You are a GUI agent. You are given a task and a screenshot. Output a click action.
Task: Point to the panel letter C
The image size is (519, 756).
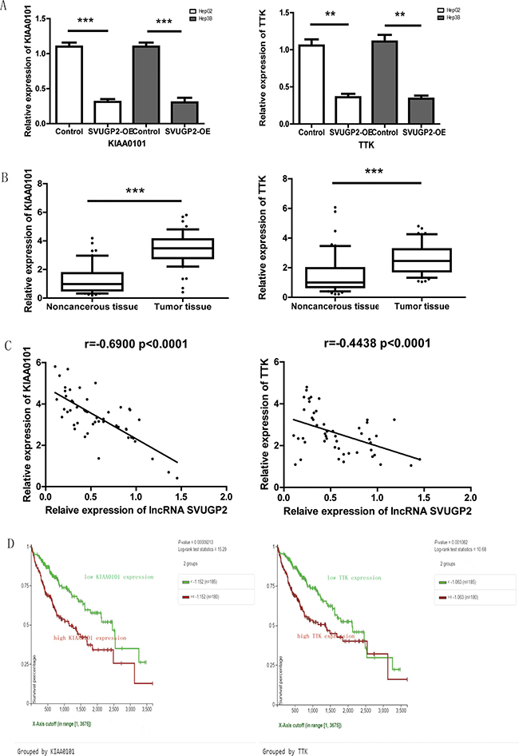[7, 348]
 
